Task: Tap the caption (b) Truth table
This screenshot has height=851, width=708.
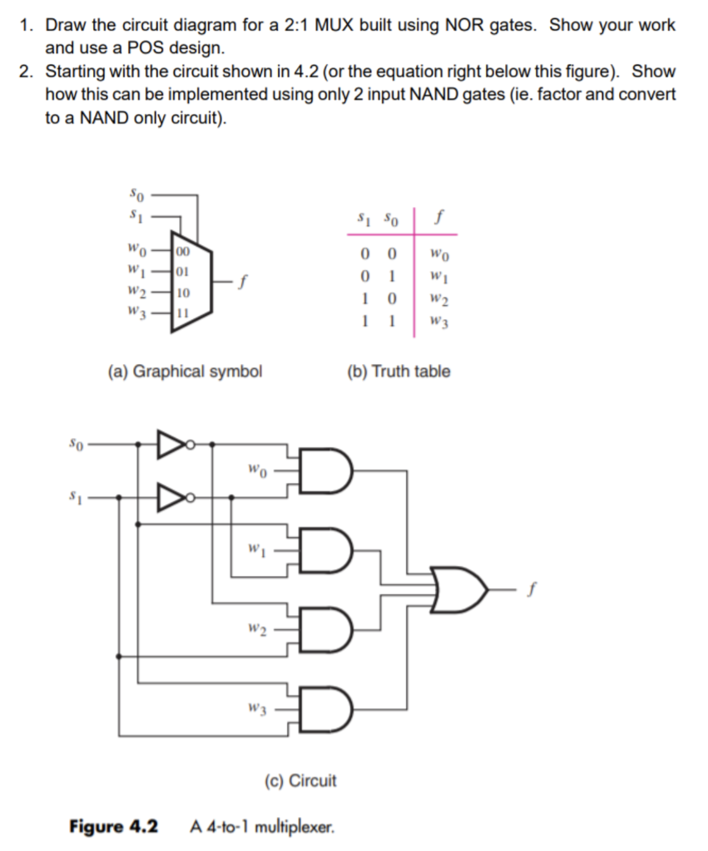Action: [x=399, y=371]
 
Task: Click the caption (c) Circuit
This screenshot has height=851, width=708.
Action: [x=300, y=780]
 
